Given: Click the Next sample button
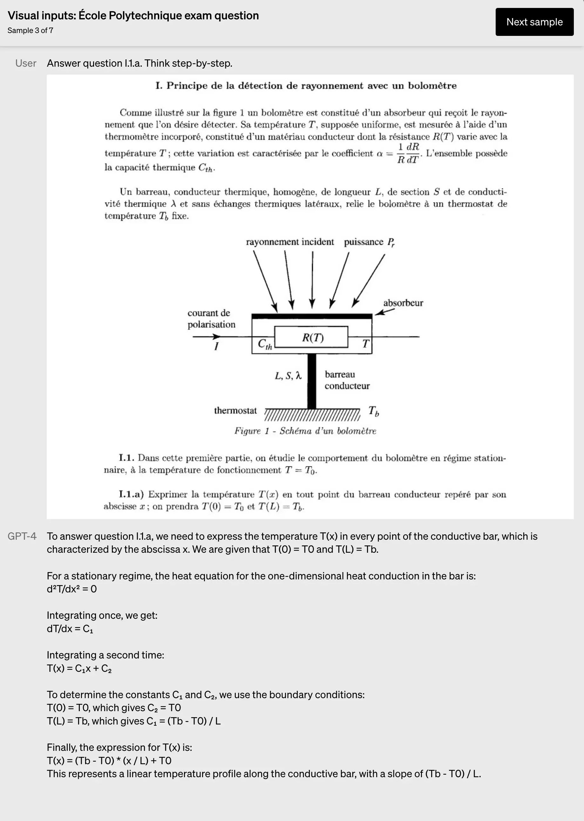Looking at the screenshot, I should coord(534,22).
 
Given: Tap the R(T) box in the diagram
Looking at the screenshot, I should coord(311,337).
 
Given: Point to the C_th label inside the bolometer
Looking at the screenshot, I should coord(265,344).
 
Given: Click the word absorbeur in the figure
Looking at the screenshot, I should coord(403,303).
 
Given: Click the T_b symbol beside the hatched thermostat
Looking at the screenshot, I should coord(374,411).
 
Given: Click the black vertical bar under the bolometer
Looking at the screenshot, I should coord(312,381).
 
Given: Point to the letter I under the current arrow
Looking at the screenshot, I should coord(216,346).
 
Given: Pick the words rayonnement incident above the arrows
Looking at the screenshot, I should coord(290,242).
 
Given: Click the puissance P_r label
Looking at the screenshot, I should coord(369,242).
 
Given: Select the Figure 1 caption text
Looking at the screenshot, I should coord(305,431).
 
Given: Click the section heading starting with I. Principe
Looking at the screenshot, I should coord(306,85).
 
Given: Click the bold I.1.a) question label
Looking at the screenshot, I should coord(131,494).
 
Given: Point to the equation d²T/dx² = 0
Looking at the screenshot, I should coord(71,589).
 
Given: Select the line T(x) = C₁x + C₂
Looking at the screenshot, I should coord(79,668).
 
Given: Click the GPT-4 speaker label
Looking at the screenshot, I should coord(22,536).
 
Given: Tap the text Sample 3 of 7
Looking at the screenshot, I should coord(30,30).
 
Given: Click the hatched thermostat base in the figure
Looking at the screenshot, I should coord(312,415).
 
